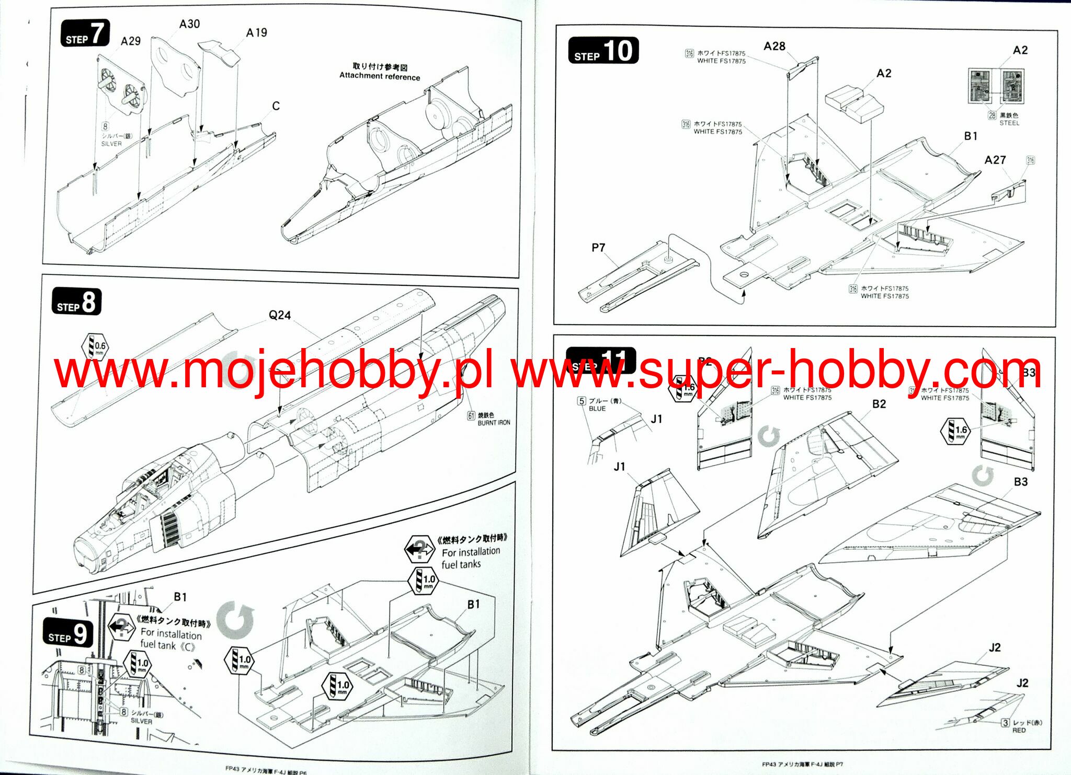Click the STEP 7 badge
click(x=85, y=34)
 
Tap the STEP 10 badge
click(x=603, y=51)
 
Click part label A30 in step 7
click(x=189, y=24)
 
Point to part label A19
click(x=256, y=33)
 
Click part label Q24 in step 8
click(x=279, y=315)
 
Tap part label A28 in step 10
click(x=774, y=47)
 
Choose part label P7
click(x=598, y=248)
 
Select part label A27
click(x=995, y=160)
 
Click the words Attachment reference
click(x=380, y=76)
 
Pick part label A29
click(x=130, y=41)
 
